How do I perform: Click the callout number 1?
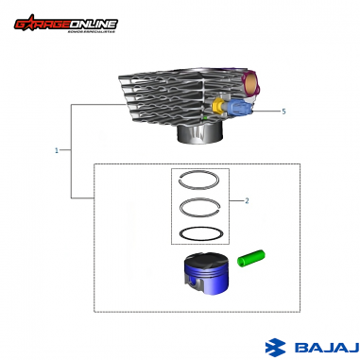(58, 150)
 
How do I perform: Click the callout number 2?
(247, 200)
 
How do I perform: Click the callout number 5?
(283, 111)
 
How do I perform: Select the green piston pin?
(251, 256)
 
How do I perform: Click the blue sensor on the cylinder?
(239, 109)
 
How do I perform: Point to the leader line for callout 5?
(266, 111)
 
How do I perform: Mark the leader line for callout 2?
(236, 200)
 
